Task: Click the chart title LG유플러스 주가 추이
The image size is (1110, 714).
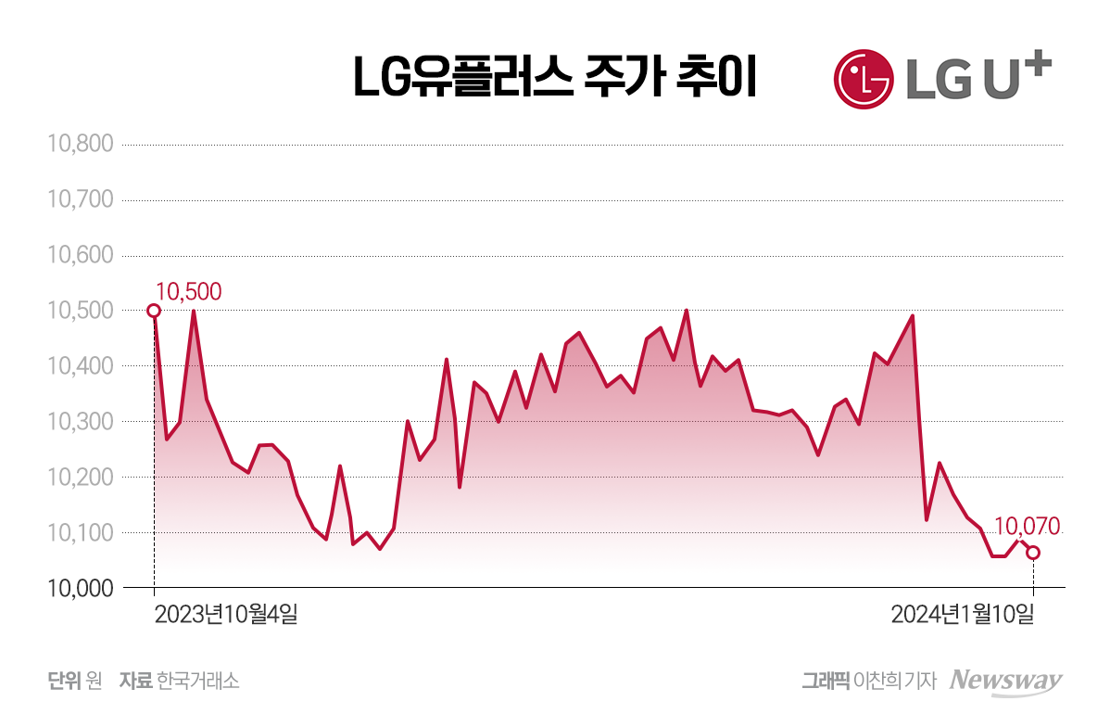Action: (x=555, y=78)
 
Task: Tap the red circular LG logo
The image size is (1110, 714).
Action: (x=863, y=78)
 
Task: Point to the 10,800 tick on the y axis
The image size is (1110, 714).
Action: (x=79, y=145)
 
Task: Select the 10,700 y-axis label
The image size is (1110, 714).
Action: (x=79, y=200)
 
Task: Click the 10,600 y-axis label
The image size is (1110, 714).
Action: (x=79, y=256)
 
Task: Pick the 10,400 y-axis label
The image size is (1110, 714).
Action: (x=79, y=367)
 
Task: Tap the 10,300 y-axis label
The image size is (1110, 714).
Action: (x=79, y=423)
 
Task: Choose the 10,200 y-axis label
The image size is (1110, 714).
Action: (x=79, y=478)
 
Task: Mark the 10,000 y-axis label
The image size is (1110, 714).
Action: (x=79, y=589)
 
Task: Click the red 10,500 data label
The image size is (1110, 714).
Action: (x=188, y=291)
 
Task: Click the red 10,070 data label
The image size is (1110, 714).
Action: (x=1027, y=528)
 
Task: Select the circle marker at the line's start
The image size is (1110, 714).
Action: (x=154, y=311)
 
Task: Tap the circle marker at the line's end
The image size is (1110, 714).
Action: (x=1033, y=553)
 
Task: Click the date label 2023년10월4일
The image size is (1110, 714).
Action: (x=226, y=614)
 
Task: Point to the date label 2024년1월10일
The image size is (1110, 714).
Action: (x=962, y=614)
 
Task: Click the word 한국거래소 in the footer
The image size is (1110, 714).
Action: (x=198, y=681)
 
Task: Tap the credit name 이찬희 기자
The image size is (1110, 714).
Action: (x=896, y=681)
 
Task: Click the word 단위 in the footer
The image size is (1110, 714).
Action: (x=65, y=681)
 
